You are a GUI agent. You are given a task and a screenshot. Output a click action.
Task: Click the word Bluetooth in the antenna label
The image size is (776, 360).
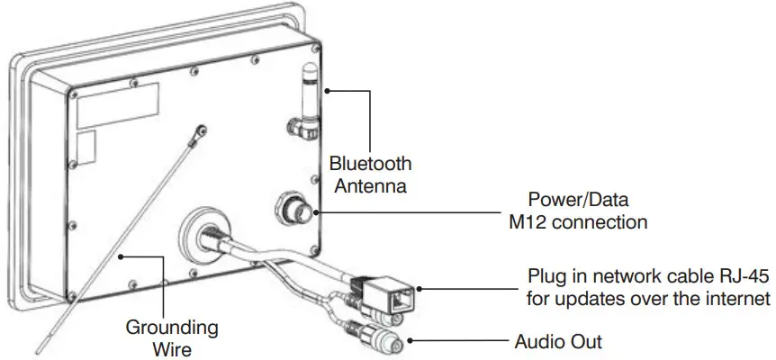[370, 164]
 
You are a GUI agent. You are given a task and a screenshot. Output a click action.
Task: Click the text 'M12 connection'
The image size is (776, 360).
[578, 221]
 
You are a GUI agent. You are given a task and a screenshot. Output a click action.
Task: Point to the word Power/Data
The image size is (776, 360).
[578, 198]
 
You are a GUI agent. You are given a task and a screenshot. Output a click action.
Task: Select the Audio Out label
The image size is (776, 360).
[558, 342]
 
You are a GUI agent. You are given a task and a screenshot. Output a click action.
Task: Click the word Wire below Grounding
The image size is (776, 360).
[171, 346]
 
